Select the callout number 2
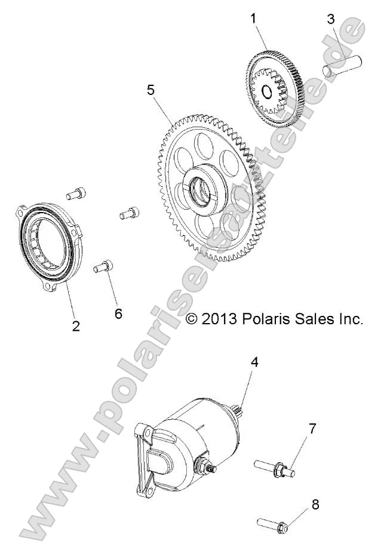[76, 325]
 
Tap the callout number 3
[331, 19]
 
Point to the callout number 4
[254, 362]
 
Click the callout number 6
[118, 314]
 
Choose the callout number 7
[312, 428]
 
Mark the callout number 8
[315, 504]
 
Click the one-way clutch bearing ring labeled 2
[45, 245]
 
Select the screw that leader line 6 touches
[103, 266]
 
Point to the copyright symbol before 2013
[192, 319]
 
